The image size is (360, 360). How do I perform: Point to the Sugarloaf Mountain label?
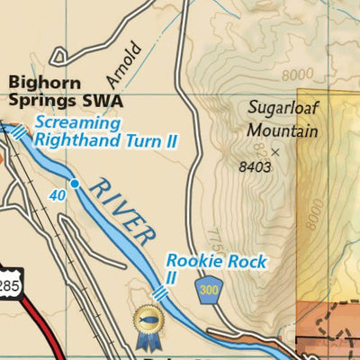tap(283, 119)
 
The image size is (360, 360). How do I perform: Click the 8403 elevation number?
tap(255, 167)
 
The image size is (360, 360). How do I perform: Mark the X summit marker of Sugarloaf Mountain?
tap(275, 153)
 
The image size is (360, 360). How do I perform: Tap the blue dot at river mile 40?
tap(75, 184)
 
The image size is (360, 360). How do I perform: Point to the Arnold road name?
tap(127, 58)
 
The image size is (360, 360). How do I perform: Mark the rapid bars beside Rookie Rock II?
tap(160, 293)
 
